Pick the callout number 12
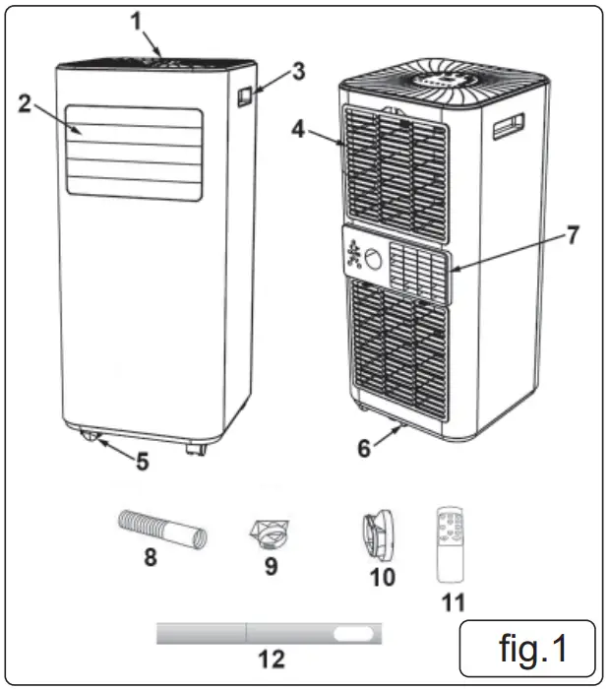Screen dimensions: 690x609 [271, 659]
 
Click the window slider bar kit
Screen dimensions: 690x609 [270, 634]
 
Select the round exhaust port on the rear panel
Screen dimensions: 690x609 [373, 260]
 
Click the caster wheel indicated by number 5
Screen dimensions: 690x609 [96, 438]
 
